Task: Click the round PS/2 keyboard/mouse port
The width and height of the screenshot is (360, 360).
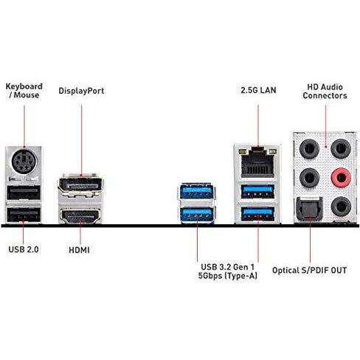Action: click(x=24, y=162)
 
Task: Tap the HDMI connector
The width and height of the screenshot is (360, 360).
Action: click(x=80, y=216)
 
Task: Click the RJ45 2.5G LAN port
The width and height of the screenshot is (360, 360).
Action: click(x=257, y=162)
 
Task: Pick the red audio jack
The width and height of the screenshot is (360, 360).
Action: click(x=341, y=177)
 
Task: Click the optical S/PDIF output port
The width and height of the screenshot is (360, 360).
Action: click(x=310, y=209)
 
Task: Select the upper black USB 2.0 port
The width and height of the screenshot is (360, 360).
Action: click(x=24, y=193)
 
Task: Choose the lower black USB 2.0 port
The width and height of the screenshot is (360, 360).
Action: click(x=24, y=215)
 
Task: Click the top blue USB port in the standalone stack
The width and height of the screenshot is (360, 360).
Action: click(x=196, y=191)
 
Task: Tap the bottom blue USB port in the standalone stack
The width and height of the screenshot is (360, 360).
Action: click(x=196, y=215)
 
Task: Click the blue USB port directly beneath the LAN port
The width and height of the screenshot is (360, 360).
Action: click(x=257, y=192)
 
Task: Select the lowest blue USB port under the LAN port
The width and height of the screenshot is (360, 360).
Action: click(x=257, y=214)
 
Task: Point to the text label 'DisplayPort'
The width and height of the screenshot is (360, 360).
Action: click(x=81, y=91)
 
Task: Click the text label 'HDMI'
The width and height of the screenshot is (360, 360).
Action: click(x=79, y=250)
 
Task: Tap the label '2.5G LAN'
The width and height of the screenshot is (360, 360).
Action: click(x=258, y=90)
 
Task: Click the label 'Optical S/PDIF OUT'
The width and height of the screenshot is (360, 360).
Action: click(x=310, y=271)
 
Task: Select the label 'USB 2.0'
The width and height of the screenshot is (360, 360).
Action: click(x=24, y=249)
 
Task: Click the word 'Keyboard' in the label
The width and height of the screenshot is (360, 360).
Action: click(x=24, y=86)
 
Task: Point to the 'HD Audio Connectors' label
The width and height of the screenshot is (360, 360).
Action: click(x=325, y=91)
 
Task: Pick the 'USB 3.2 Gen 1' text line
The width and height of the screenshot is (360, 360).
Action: click(x=228, y=267)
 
